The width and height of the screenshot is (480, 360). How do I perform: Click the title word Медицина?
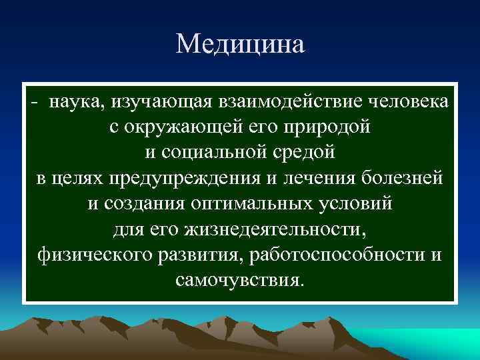click(240, 45)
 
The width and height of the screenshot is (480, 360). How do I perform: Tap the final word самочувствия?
click(240, 279)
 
